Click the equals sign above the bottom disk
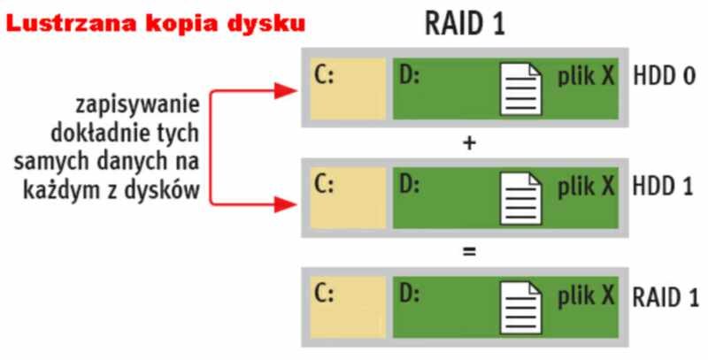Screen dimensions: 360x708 pos(469,251)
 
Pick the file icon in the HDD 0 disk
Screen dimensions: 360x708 pos(522,89)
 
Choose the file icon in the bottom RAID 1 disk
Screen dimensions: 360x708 pos(522,305)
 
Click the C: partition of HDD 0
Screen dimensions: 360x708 pos(347,89)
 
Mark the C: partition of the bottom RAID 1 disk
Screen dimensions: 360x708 pos(347,305)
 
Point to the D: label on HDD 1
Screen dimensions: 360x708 pos(409,187)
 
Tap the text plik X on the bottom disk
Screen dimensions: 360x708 pos(586,295)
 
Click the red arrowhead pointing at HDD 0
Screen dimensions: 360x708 pos(285,89)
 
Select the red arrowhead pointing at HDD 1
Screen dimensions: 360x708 pos(285,204)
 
